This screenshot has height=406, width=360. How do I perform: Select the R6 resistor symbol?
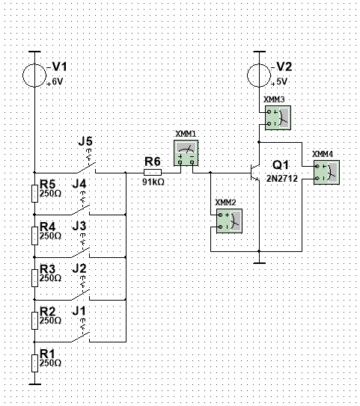tap(153, 173)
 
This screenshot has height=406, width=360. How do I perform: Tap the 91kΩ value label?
tap(153, 182)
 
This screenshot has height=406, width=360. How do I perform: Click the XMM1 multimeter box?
tap(186, 153)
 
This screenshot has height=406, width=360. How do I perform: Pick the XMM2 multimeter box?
tap(229, 221)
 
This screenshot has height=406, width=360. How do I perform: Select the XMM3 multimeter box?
tap(278, 118)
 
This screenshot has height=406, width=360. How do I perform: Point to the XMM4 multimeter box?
tap(326, 172)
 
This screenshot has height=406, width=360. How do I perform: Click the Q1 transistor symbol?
tap(255, 173)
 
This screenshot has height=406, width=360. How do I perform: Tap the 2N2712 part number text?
tap(282, 179)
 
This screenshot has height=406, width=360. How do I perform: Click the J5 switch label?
tap(85, 141)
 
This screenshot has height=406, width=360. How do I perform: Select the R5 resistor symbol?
tap(34, 194)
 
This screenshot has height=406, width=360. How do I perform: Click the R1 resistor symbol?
tap(34, 363)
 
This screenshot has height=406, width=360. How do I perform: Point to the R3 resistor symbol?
tap(34, 278)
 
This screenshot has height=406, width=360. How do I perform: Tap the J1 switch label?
tap(79, 311)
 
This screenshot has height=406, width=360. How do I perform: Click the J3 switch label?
tap(79, 226)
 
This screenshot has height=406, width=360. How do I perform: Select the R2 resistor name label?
tap(48, 311)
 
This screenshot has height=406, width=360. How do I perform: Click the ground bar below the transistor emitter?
tap(259, 263)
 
